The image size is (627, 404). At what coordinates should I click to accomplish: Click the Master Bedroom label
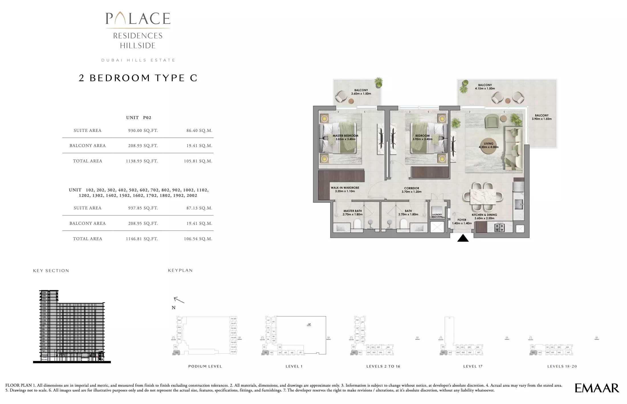pos(345,137)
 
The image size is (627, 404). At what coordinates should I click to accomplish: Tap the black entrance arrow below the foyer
pos(463,238)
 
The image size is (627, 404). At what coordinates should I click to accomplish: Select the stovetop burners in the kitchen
pos(499,227)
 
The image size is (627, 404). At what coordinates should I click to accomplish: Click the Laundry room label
pos(437,216)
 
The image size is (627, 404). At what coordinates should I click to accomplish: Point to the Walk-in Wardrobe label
pos(345,189)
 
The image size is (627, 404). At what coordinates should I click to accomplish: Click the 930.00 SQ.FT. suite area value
pos(143,130)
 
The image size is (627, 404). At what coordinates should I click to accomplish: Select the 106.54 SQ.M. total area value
pos(198,239)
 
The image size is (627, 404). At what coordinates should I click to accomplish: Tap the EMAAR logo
pos(597,388)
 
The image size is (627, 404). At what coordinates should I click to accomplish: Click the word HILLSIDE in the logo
pos(138,46)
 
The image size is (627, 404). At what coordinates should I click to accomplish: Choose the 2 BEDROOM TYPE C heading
pos(138,78)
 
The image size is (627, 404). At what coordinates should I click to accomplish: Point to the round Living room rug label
pos(488,145)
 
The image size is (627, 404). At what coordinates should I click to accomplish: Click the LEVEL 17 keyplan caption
pos(473,366)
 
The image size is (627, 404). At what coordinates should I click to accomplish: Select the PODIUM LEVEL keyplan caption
pos(205,366)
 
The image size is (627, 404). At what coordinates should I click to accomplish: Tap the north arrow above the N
pos(179,300)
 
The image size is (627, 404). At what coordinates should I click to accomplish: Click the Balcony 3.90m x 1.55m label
pos(541,117)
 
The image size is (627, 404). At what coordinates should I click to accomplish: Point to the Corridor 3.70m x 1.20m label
pos(412,190)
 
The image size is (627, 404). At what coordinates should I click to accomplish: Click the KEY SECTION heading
pos(51,271)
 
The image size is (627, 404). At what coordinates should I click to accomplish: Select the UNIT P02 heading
pos(139,118)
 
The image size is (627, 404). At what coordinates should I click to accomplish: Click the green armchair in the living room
pos(492,121)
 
